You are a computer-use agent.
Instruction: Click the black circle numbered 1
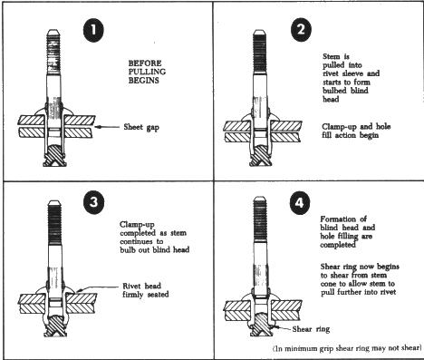93,30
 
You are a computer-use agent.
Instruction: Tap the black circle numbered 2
301,30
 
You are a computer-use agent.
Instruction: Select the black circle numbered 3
94,201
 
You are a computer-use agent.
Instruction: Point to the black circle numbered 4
300,203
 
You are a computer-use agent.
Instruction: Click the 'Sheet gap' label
141,127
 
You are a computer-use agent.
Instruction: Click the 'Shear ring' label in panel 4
311,329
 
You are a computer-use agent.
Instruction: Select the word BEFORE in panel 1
145,63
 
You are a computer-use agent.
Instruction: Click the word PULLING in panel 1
147,72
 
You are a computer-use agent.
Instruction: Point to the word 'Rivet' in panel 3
131,286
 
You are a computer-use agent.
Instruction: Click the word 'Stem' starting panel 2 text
332,56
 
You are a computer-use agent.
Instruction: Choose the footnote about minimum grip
347,348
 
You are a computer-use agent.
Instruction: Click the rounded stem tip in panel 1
53,32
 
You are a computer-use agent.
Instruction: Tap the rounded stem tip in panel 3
54,202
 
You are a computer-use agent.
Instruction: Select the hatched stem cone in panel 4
260,324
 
